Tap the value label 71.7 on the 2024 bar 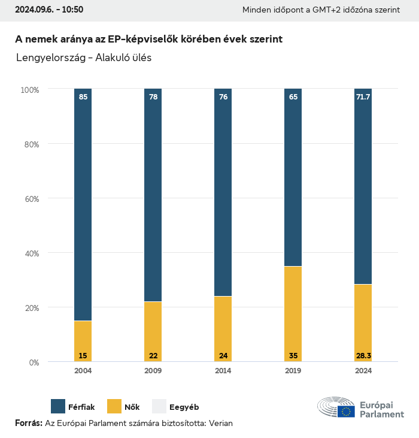pos(363,96)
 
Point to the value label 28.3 pos(363,356)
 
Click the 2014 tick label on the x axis pos(223,371)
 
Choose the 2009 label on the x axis pos(153,371)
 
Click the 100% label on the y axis pos(29,90)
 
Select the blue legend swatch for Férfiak pos(58,406)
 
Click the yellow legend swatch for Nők pos(114,406)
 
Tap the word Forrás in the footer pos(28,423)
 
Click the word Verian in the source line pos(220,423)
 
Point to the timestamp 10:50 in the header pos(71,10)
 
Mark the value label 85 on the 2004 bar pos(83,96)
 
